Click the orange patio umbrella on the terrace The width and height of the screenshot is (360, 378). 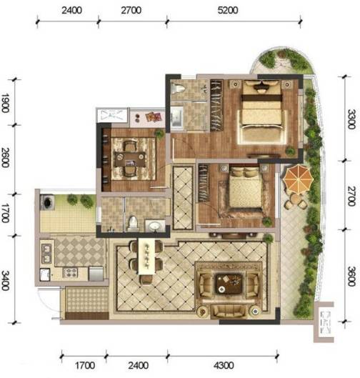click(298, 179)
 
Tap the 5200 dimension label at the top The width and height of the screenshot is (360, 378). click(228, 11)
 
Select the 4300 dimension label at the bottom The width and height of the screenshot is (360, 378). click(224, 365)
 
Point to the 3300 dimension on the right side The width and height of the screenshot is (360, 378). click(351, 119)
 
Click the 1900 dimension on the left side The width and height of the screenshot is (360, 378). click(5, 103)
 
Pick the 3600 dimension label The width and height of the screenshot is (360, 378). click(351, 276)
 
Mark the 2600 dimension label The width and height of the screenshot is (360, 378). click(5, 157)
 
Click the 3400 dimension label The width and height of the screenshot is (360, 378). click(5, 280)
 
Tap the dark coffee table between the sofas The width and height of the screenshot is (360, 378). click(229, 284)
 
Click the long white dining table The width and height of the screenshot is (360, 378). click(146, 256)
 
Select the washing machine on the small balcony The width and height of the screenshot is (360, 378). click(47, 202)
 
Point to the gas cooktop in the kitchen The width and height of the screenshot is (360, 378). click(71, 273)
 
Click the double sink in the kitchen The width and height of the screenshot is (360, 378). click(46, 254)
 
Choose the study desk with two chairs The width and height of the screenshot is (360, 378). click(130, 159)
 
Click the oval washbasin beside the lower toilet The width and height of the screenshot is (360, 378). click(155, 226)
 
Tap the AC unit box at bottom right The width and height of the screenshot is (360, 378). click(324, 322)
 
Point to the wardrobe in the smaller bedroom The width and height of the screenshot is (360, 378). click(203, 183)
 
